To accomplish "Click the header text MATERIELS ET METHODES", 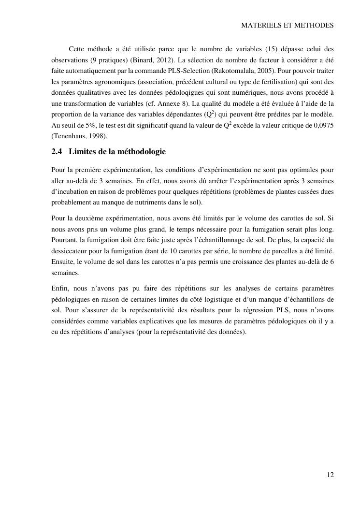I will click(x=287, y=26).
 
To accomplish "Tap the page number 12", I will click(x=330, y=475).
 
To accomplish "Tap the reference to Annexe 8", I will click(x=180, y=103).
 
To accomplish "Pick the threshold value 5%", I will click(x=86, y=125).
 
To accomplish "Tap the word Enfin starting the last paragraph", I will click(x=60, y=288).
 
